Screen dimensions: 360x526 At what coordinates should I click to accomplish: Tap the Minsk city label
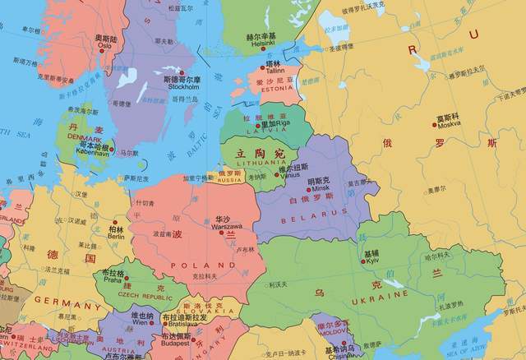[x=318, y=188]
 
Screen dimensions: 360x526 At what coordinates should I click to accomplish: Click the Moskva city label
[x=449, y=126]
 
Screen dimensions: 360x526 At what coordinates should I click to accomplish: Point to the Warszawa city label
[x=221, y=228]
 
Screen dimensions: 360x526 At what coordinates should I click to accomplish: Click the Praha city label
[x=111, y=280]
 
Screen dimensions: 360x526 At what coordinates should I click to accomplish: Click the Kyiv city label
[x=371, y=261]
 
